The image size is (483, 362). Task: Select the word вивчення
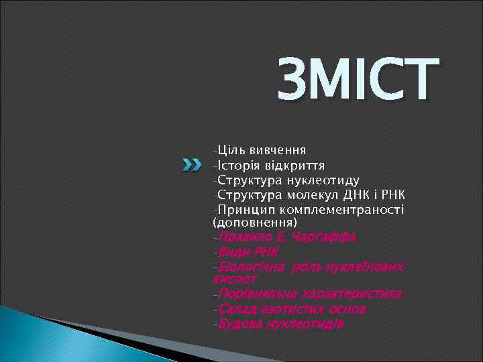pos(280,149)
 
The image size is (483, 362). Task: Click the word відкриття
pos(301,165)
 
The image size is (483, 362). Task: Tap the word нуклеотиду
pos(323,180)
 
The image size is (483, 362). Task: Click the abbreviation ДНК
pos(363,196)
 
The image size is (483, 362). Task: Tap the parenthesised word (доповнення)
pos(254,221)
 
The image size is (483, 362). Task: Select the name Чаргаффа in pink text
pos(327,237)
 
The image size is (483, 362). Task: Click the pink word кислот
pos(234,277)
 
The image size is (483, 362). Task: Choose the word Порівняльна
pos(257,294)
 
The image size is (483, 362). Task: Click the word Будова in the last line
pos(237,324)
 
